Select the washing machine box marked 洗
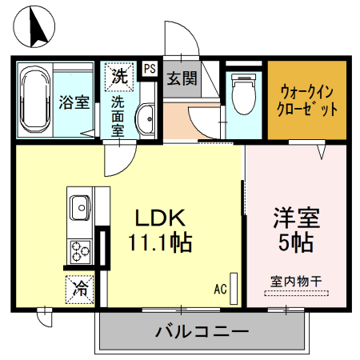click(x=118, y=77)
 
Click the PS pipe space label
click(x=149, y=69)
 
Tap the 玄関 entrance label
click(x=182, y=78)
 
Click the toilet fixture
click(x=243, y=95)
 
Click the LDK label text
click(x=159, y=218)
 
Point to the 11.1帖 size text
click(x=159, y=242)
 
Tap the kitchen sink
click(x=81, y=210)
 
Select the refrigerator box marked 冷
click(x=81, y=286)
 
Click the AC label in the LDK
click(x=222, y=289)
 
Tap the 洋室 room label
click(x=297, y=217)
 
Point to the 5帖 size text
click(x=297, y=242)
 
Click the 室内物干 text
click(x=295, y=281)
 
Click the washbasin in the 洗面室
click(x=146, y=119)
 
